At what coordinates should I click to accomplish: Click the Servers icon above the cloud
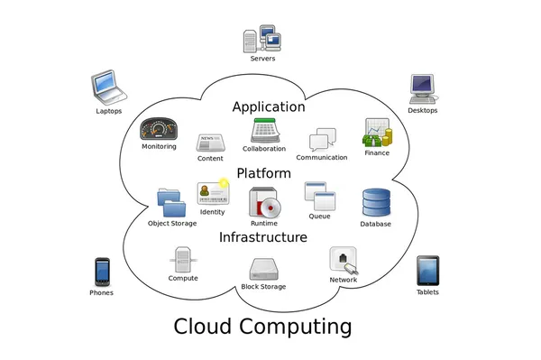point(262,39)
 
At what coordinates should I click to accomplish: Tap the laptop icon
point(108,88)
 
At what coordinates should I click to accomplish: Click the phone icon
point(103,272)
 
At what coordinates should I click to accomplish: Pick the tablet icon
point(427,271)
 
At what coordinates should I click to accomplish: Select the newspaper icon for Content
point(210,143)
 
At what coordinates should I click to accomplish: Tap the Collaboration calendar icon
point(263,131)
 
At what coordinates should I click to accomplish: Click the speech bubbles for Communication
point(322,140)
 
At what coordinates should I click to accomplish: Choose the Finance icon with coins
point(376,134)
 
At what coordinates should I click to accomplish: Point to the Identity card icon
point(213,194)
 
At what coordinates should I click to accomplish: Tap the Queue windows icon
point(319,196)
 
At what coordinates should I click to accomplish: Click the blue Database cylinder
point(375,203)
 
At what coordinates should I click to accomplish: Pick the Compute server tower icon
point(183,260)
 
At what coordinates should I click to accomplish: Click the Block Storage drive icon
point(263,269)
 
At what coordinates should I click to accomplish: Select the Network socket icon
point(344,260)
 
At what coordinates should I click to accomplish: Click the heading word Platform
point(263,172)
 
